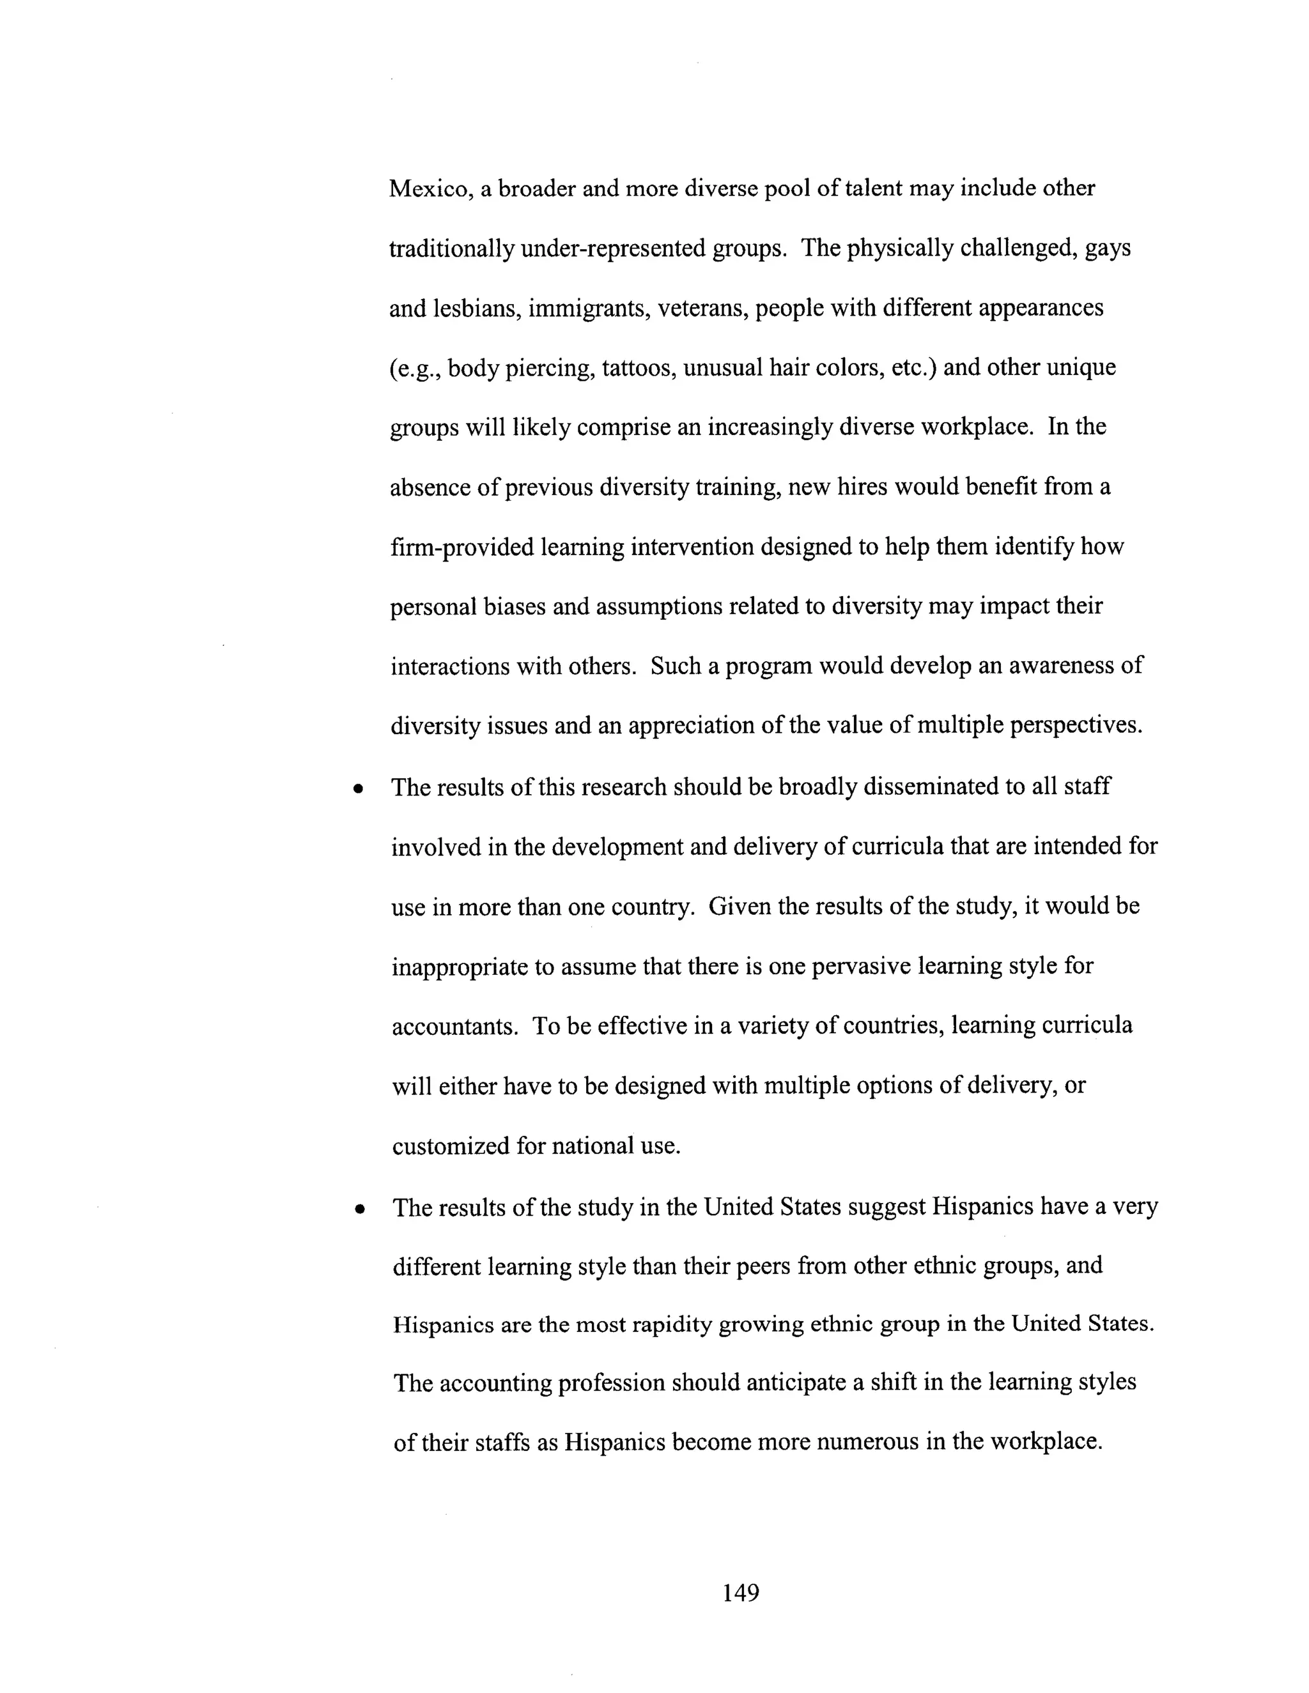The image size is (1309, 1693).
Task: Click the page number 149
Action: [741, 1592]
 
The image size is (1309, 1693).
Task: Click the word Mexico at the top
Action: [430, 189]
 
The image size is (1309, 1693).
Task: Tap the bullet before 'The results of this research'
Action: [357, 790]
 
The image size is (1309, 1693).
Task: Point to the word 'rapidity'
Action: [672, 1325]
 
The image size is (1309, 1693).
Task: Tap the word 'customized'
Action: [451, 1147]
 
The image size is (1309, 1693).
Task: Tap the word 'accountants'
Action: [454, 1027]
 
